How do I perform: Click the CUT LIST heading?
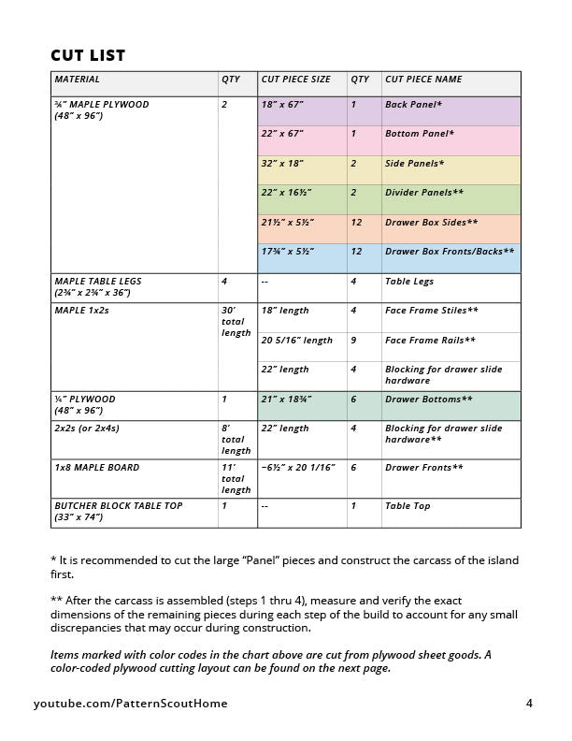click(88, 56)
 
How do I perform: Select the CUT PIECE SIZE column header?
click(295, 80)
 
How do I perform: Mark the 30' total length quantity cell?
click(236, 321)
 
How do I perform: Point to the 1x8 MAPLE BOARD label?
click(96, 468)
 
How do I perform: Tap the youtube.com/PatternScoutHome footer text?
click(131, 704)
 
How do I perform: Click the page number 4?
click(528, 704)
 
